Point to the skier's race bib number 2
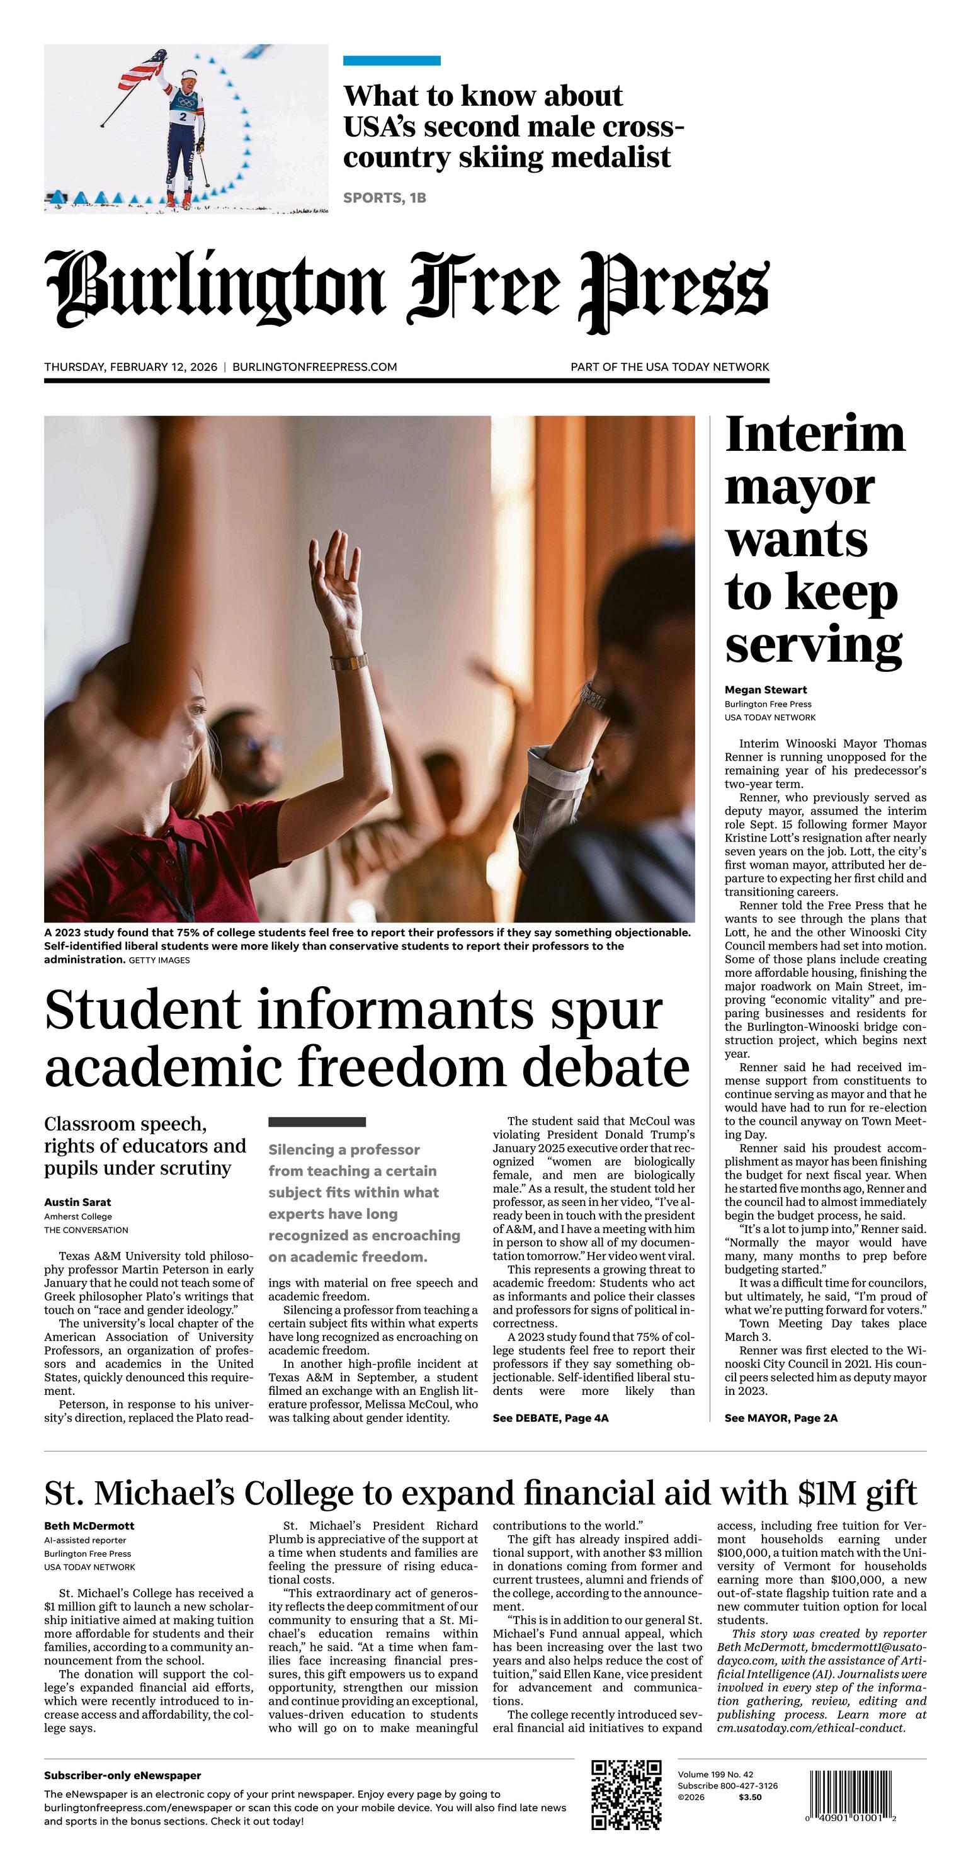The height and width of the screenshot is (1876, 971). [182, 117]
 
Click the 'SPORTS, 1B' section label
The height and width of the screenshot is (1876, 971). [385, 197]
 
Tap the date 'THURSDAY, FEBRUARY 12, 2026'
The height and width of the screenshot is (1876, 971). [130, 367]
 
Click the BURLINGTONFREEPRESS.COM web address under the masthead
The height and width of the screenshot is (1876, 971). [315, 367]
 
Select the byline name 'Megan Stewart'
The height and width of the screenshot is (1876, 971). [766, 690]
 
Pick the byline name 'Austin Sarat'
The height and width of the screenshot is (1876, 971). [77, 1202]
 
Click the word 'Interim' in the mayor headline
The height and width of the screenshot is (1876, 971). [815, 435]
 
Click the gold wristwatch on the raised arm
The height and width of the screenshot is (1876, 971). [349, 662]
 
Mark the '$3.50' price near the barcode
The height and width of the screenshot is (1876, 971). [750, 1797]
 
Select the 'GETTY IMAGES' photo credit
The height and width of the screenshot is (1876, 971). [159, 960]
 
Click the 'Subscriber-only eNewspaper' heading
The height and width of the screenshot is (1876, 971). [122, 1775]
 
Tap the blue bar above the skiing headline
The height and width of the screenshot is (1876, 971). [392, 60]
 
